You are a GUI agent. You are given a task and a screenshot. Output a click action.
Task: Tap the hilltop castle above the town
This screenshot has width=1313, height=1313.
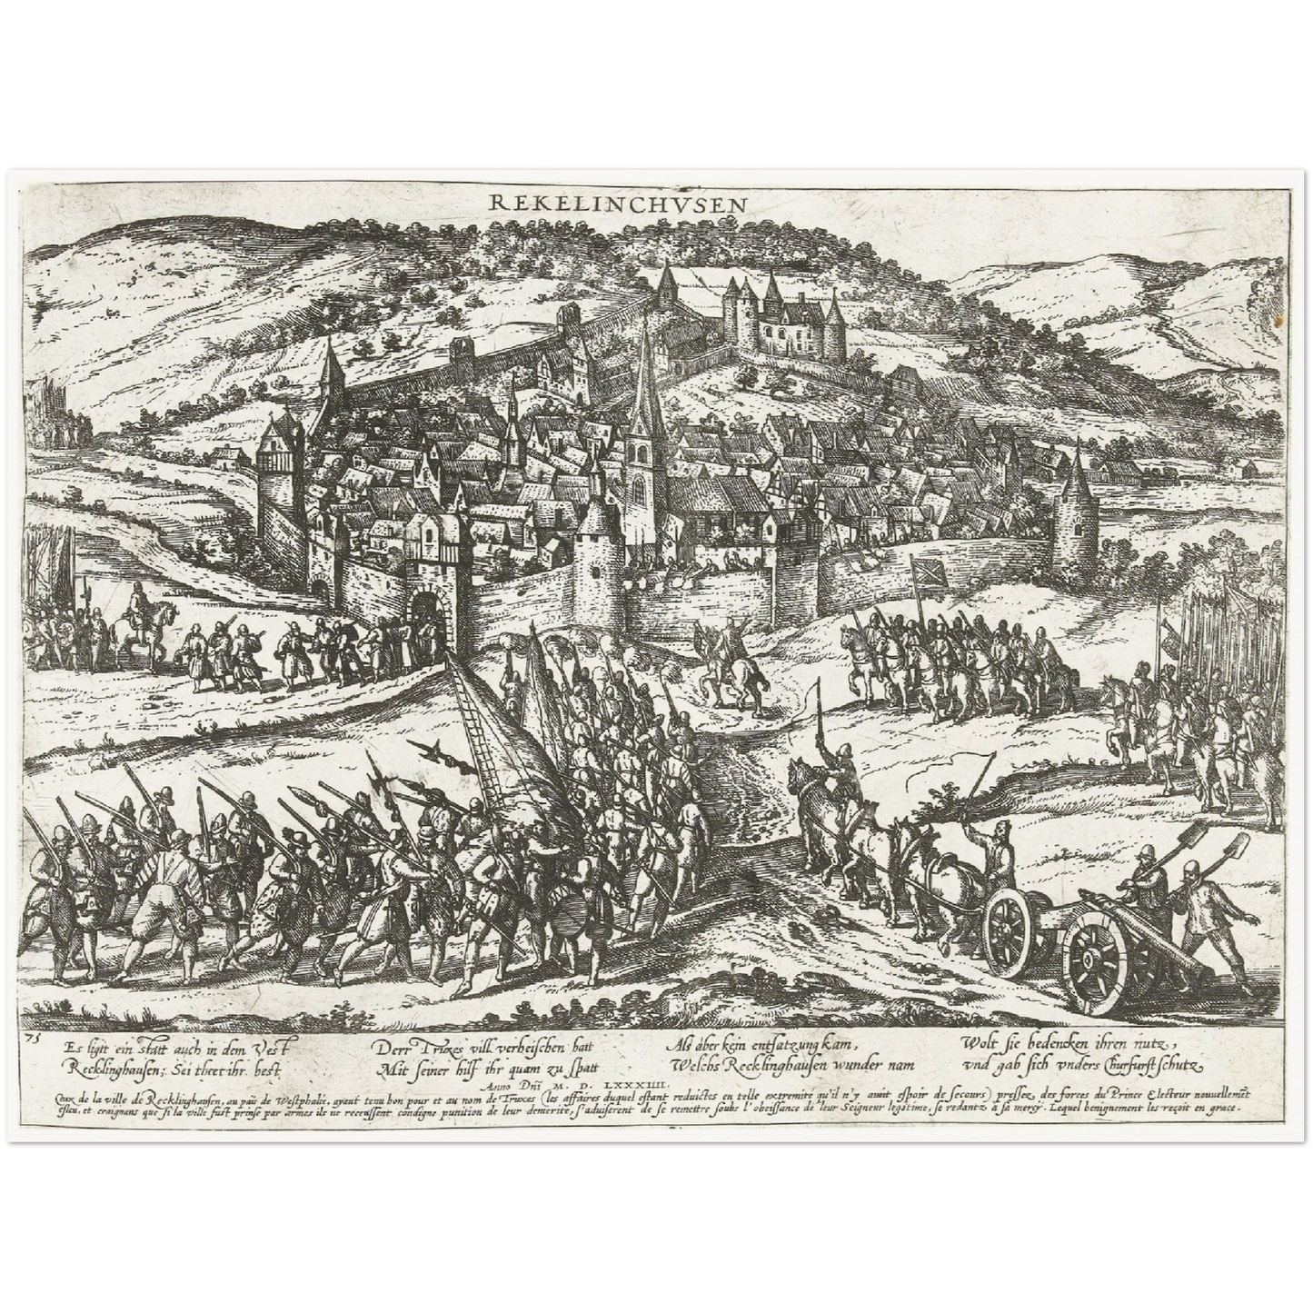781,313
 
